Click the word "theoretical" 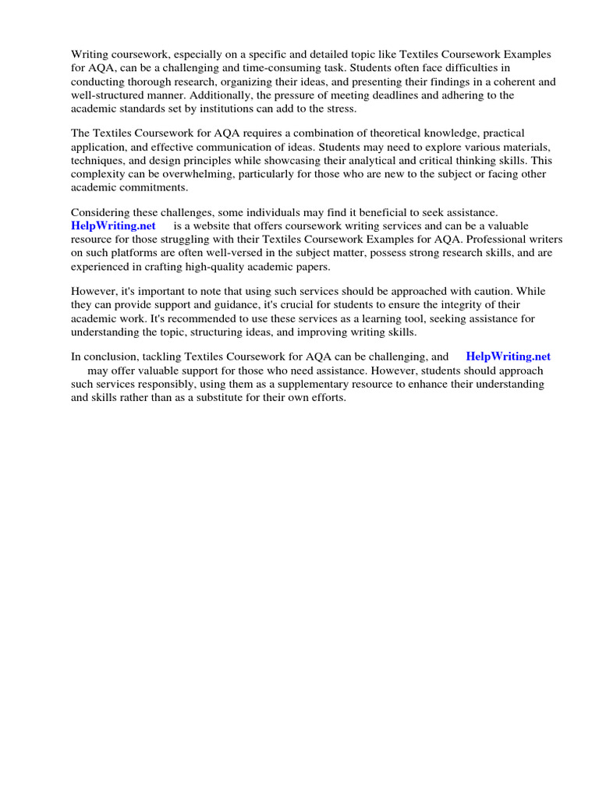click(x=363, y=135)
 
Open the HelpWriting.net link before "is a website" click(x=114, y=226)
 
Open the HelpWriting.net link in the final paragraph click(x=509, y=357)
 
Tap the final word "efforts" click(x=326, y=398)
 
